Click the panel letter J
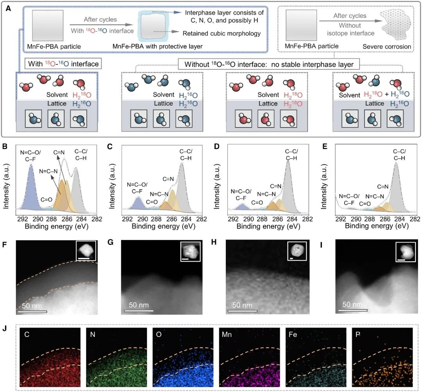coord(5,328)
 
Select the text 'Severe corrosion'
coord(386,47)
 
